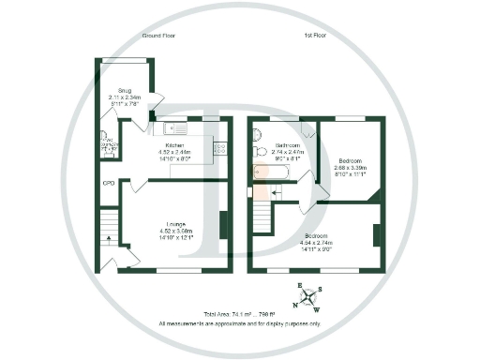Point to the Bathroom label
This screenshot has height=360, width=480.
click(287, 145)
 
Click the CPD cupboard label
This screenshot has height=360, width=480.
click(109, 183)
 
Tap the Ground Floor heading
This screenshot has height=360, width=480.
click(159, 35)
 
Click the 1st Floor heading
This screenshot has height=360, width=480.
click(315, 35)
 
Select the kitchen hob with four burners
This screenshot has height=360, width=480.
click(220, 147)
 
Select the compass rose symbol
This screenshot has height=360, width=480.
click(307, 296)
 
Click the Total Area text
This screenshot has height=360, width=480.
click(239, 314)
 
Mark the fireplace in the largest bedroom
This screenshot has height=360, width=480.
click(376, 234)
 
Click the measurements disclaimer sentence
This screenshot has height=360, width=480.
click(239, 323)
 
